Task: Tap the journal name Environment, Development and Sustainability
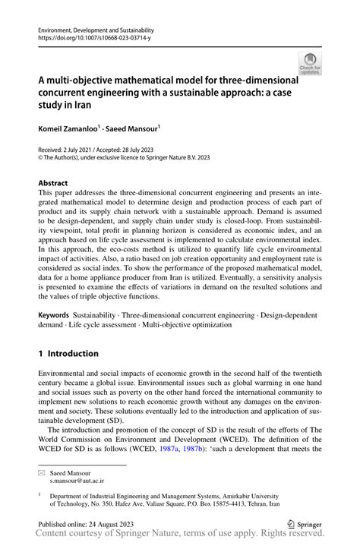point(92,27)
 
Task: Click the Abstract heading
point(53,183)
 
